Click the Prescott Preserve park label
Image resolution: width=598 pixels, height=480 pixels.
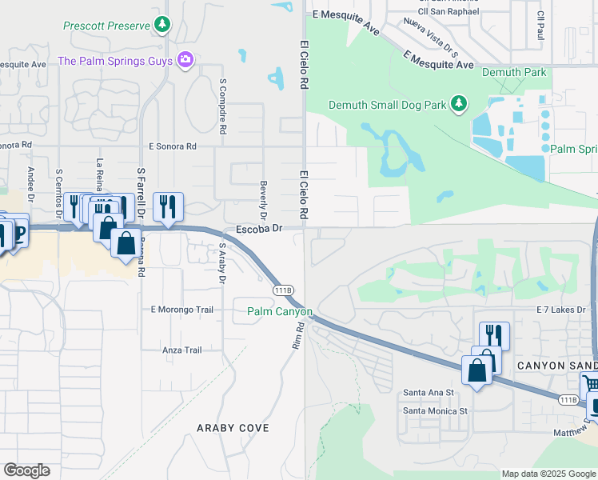[x=106, y=26]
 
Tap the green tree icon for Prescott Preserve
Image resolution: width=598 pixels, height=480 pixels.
[x=163, y=25]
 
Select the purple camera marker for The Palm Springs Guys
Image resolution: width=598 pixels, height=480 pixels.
[x=186, y=60]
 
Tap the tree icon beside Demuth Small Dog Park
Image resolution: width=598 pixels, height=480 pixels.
[x=458, y=103]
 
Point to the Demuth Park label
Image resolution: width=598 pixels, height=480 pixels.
[x=514, y=73]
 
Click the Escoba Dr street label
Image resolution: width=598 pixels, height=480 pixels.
[x=260, y=229]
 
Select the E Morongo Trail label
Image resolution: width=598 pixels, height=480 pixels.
[x=182, y=310]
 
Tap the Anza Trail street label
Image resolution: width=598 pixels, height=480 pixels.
[x=181, y=350]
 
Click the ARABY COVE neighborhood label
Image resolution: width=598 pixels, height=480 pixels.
[x=233, y=428]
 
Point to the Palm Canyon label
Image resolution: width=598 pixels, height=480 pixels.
[x=279, y=311]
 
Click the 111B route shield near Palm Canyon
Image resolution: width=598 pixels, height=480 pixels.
[x=283, y=290]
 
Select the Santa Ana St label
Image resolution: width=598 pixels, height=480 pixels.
[x=429, y=393]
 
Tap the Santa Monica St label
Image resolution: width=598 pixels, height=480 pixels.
[x=435, y=411]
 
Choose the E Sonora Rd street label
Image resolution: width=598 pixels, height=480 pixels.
[x=172, y=146]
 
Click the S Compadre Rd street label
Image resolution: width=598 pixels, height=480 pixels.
[x=223, y=105]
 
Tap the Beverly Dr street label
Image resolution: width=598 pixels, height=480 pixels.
[x=263, y=200]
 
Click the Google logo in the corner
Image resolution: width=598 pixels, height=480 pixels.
[x=26, y=470]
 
